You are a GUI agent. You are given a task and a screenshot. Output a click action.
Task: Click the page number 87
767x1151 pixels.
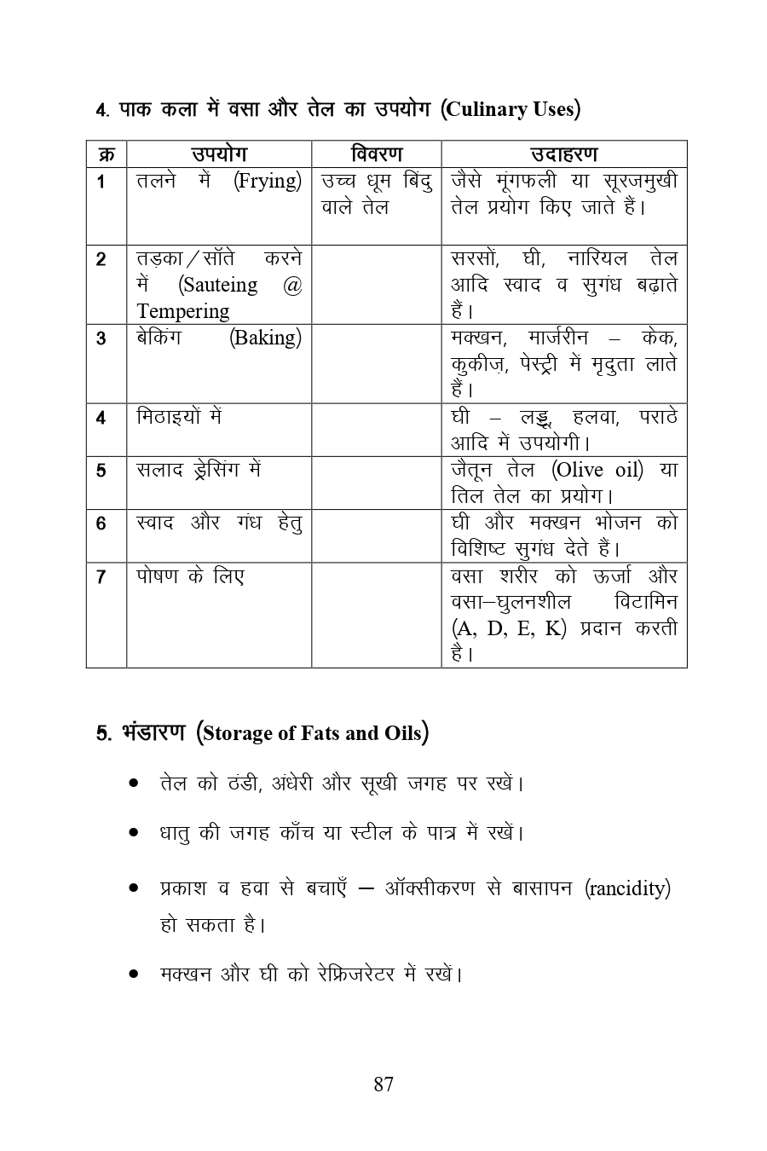pos(383,1084)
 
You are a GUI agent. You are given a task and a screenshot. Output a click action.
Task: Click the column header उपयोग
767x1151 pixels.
pos(219,154)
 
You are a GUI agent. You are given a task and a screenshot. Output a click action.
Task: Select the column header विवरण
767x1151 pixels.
pos(376,154)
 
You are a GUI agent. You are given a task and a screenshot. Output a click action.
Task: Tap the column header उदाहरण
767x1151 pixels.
pos(563,154)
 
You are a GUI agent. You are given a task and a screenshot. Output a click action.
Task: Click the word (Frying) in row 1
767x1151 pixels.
pos(268,182)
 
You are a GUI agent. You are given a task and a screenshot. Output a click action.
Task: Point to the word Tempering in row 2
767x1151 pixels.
pos(182,311)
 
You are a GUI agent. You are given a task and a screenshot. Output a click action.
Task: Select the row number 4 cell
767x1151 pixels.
pos(101,418)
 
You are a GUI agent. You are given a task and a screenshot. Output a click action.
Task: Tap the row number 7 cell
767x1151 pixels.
pos(101,577)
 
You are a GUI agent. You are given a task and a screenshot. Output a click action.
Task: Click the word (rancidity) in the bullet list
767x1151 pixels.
pos(628,888)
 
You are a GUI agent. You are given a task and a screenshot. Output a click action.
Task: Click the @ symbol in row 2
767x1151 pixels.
pos(291,286)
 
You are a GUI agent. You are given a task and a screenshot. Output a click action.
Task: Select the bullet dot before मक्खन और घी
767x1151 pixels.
pos(134,974)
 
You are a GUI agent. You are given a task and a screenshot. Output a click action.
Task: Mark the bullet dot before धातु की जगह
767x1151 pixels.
pos(134,832)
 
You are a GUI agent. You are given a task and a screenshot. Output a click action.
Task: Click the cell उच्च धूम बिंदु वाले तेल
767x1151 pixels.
pos(376,194)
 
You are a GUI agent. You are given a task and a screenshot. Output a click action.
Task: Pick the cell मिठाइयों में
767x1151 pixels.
pos(179,418)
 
